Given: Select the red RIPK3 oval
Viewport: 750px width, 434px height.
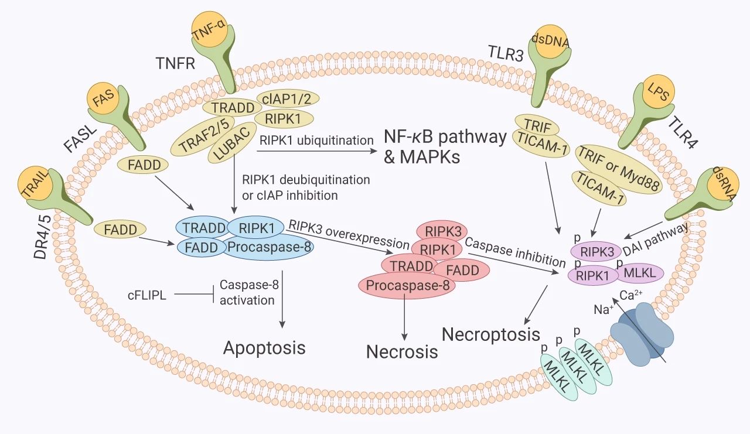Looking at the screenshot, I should (439, 230).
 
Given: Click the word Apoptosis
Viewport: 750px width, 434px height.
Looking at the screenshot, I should (264, 347).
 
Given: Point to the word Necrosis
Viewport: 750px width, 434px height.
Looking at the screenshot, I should (402, 351).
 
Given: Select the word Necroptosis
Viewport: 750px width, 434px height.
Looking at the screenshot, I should (490, 334).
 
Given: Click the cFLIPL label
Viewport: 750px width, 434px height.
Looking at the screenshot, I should (146, 295).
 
